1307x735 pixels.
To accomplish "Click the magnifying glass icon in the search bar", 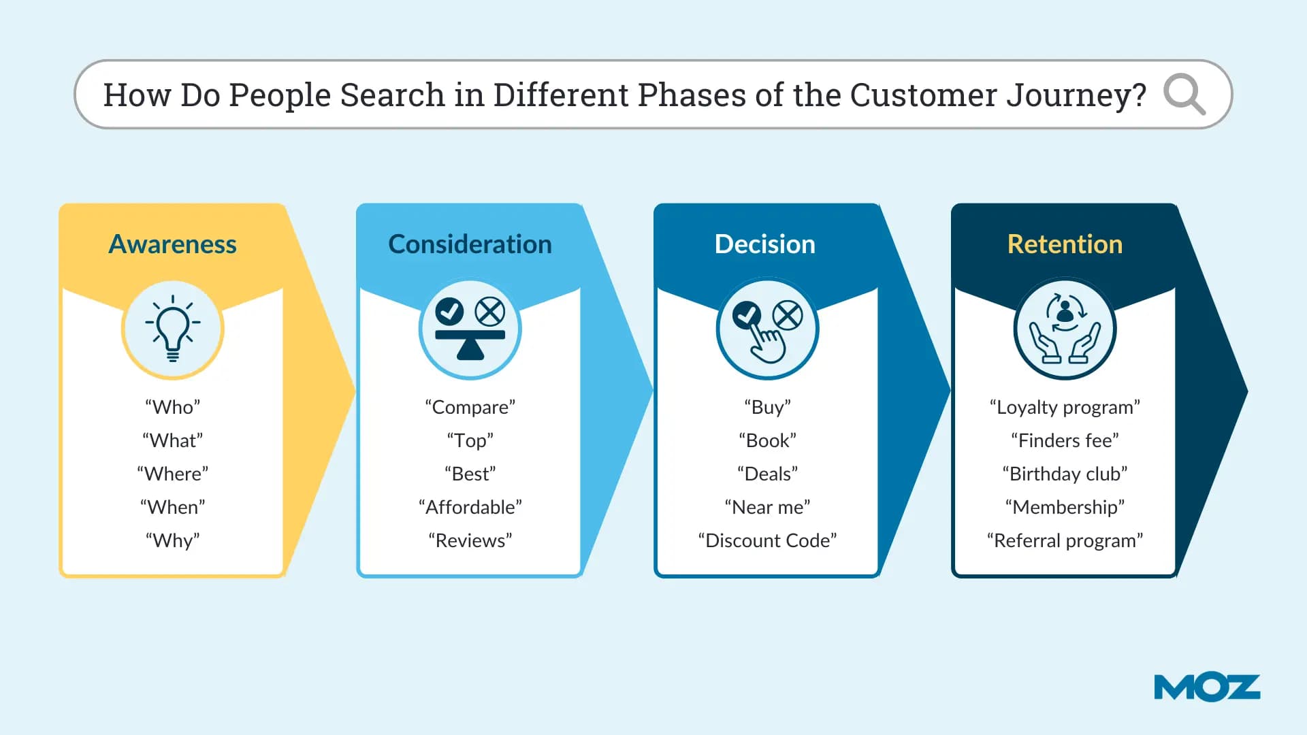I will pos(1184,94).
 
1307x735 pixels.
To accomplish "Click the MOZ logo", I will pos(1207,687).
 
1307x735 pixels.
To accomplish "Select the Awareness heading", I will pos(172,244).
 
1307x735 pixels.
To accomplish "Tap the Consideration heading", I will pos(470,244).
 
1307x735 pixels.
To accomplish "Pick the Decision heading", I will pos(764,244).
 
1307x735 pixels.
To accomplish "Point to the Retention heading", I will pos(1065,244).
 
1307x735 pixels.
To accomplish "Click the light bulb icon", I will pos(173,329).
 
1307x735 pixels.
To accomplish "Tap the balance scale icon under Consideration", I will pos(470,329).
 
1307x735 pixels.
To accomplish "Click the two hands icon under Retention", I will pos(1065,329).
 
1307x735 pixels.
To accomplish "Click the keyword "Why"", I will pos(172,540).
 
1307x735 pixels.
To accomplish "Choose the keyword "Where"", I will pos(172,474).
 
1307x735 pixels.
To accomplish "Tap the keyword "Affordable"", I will pos(470,507).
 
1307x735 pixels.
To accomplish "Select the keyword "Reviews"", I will pos(470,540).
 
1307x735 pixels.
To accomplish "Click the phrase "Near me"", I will pos(767,507).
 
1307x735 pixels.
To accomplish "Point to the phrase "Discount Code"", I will pos(767,540).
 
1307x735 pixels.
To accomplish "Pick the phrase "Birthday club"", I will pos(1065,474).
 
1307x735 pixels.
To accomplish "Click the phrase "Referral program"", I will pos(1065,540).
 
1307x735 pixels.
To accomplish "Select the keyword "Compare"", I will pos(470,407).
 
